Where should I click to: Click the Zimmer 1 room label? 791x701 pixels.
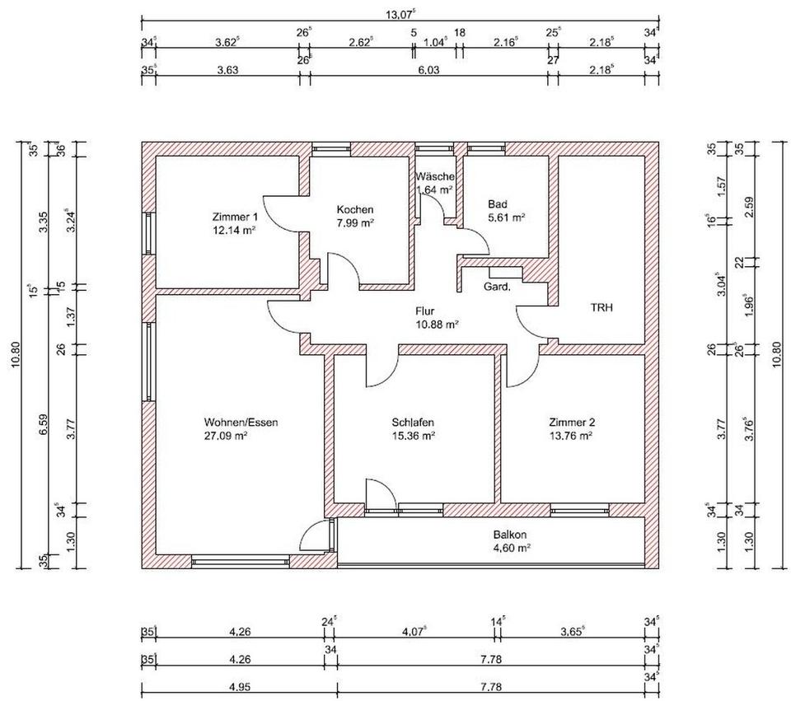pos(235,217)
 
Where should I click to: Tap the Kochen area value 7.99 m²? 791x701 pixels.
pos(355,223)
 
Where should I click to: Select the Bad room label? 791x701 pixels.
pos(498,204)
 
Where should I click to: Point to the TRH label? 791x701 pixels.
pos(601,307)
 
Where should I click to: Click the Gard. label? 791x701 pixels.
pos(497,287)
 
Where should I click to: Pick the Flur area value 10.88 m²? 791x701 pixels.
pos(437,325)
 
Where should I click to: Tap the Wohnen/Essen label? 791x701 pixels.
pos(241,422)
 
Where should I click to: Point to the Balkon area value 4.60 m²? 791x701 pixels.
pos(511,548)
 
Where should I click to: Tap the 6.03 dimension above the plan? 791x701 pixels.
pos(428,69)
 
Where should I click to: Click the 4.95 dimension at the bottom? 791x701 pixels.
pos(240,687)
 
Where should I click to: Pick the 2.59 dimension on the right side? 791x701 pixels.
pos(749,206)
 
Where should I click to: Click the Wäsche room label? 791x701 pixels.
pos(435,176)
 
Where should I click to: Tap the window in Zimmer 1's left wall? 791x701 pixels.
pos(148,233)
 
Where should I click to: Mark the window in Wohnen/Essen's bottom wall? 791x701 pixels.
pos(241,561)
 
